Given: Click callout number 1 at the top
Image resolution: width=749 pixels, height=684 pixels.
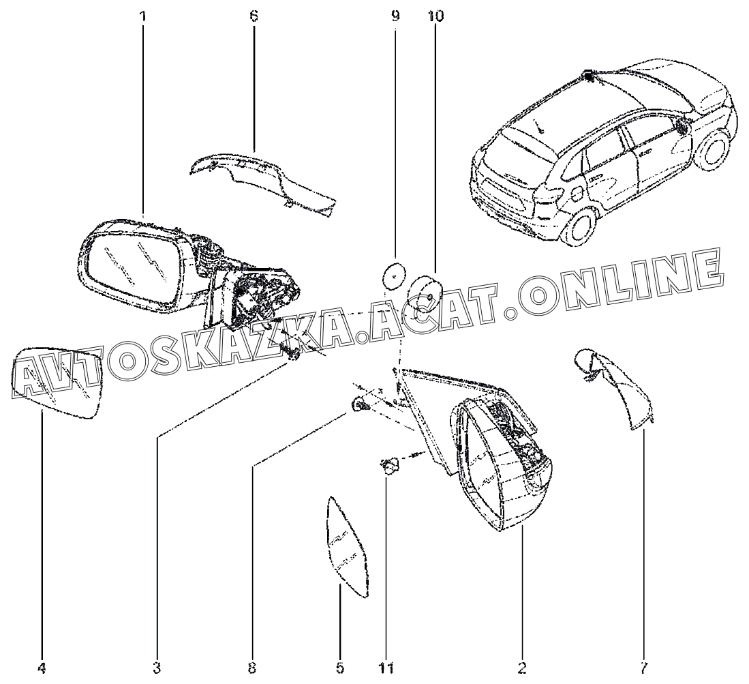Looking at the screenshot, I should point(143,15).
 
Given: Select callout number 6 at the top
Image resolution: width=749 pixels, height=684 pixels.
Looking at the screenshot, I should point(254,15).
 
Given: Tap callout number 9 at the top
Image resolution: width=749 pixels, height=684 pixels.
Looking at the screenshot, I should point(395,15).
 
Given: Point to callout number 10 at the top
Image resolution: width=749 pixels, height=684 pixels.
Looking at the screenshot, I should point(435,15).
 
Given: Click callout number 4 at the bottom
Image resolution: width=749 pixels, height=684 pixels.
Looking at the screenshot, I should point(42,668).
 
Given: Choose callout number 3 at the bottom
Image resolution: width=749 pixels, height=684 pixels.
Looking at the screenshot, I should point(157,668).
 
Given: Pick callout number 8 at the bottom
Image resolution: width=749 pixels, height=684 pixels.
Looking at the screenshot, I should point(252,668).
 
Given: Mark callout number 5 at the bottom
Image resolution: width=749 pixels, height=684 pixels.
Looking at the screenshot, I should point(340,668).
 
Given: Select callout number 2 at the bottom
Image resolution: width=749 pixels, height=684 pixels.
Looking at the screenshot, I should point(523,668).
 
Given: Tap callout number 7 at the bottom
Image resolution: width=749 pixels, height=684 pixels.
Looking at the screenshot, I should point(644,668).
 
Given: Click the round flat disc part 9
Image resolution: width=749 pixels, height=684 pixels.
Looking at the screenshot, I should point(392,276).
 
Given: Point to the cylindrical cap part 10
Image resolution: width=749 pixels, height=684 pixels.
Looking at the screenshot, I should point(428,291).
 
